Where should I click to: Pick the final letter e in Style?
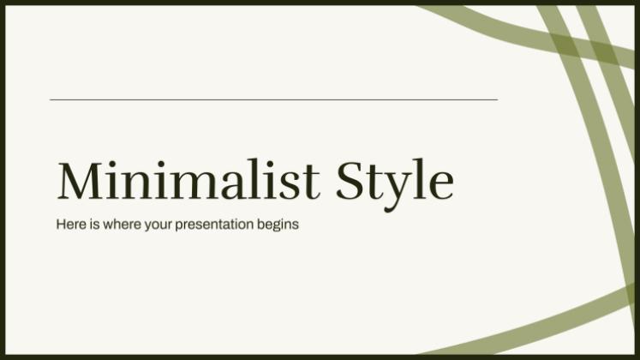(x=442, y=185)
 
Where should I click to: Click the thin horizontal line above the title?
(x=273, y=99)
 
